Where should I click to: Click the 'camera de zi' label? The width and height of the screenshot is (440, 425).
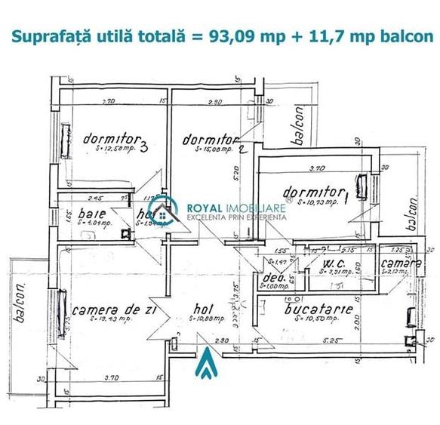pos(108,310)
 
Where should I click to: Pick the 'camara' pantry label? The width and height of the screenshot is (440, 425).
pos(400,264)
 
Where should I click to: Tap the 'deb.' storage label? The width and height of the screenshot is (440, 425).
pos(268,277)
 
